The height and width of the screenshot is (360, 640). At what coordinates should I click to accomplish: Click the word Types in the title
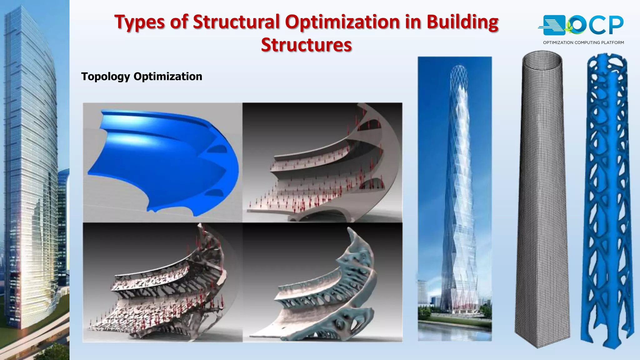point(140,22)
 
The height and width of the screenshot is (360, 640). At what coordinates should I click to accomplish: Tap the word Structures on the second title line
point(306,45)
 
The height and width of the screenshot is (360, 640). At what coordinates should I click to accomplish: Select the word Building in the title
point(462,22)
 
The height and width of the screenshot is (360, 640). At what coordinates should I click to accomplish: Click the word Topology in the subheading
point(105,77)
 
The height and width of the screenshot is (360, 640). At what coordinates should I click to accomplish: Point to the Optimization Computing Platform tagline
point(583,42)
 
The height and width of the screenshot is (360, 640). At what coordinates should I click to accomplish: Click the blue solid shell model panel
point(162,162)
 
